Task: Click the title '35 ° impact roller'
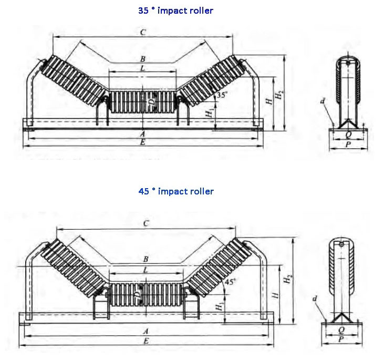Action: tap(175, 11)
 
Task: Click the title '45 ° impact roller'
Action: tap(176, 191)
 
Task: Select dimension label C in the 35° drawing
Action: tap(142, 32)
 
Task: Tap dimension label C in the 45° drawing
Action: tap(146, 224)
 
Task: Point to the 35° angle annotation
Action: tap(222, 95)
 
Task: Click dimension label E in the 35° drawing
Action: tap(142, 142)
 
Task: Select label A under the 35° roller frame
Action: tap(142, 133)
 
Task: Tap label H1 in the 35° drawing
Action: tap(210, 112)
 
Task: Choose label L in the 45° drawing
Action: tap(146, 270)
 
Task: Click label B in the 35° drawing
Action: tap(142, 59)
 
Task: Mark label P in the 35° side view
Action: tap(348, 144)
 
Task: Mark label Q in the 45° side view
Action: tap(341, 331)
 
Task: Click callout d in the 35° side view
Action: tap(322, 99)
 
